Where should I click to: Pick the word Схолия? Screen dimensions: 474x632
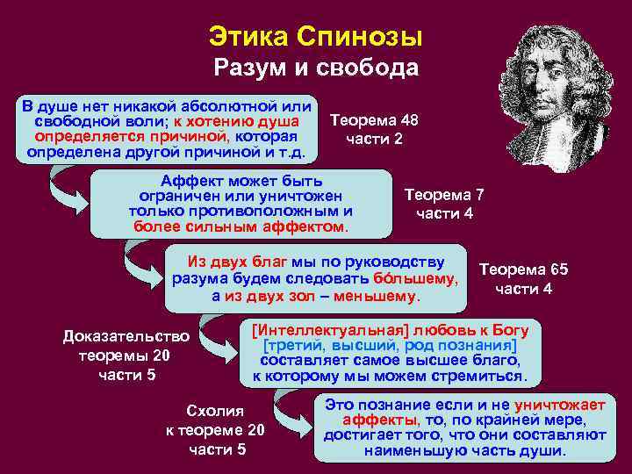point(215,411)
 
